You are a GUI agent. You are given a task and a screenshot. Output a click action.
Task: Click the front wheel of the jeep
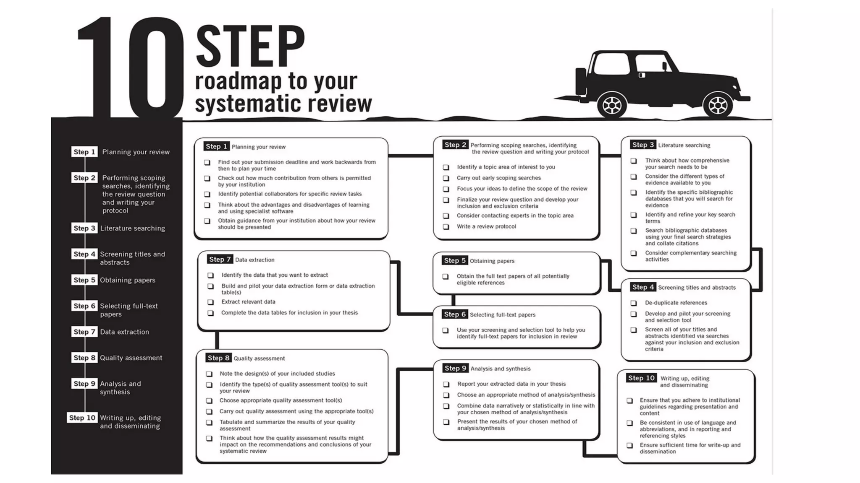tap(718, 105)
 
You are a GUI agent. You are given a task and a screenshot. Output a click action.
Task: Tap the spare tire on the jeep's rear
tap(581, 81)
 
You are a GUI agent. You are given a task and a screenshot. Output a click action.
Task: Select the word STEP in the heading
tap(250, 46)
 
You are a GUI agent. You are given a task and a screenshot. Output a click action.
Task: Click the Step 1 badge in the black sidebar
tap(84, 152)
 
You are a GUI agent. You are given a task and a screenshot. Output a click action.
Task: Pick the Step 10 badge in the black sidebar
tap(82, 418)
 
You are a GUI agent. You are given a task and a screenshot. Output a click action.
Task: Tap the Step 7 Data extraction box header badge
tap(219, 260)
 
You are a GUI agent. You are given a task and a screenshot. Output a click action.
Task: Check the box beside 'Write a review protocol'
tap(446, 227)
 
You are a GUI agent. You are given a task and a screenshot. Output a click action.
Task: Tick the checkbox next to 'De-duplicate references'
tap(634, 303)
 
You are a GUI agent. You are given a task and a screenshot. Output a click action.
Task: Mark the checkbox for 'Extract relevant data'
tap(211, 302)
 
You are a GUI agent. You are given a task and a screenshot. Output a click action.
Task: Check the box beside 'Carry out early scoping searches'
tap(446, 178)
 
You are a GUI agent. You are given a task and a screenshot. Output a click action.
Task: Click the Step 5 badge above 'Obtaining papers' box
tap(455, 260)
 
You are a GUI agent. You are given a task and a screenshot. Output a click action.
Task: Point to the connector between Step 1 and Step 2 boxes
tap(410, 156)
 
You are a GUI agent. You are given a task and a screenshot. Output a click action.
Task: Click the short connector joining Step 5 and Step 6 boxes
tap(454, 300)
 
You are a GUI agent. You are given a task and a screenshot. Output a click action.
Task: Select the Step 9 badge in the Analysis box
tap(455, 368)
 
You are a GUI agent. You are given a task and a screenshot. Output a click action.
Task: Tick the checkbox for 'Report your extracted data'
tap(446, 384)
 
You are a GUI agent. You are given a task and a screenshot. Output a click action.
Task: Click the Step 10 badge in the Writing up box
tap(641, 378)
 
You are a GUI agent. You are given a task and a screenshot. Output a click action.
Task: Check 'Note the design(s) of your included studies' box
tap(209, 374)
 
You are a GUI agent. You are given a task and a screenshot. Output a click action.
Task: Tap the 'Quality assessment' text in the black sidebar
tap(131, 358)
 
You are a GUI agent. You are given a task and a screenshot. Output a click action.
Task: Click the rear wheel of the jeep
tap(612, 105)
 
